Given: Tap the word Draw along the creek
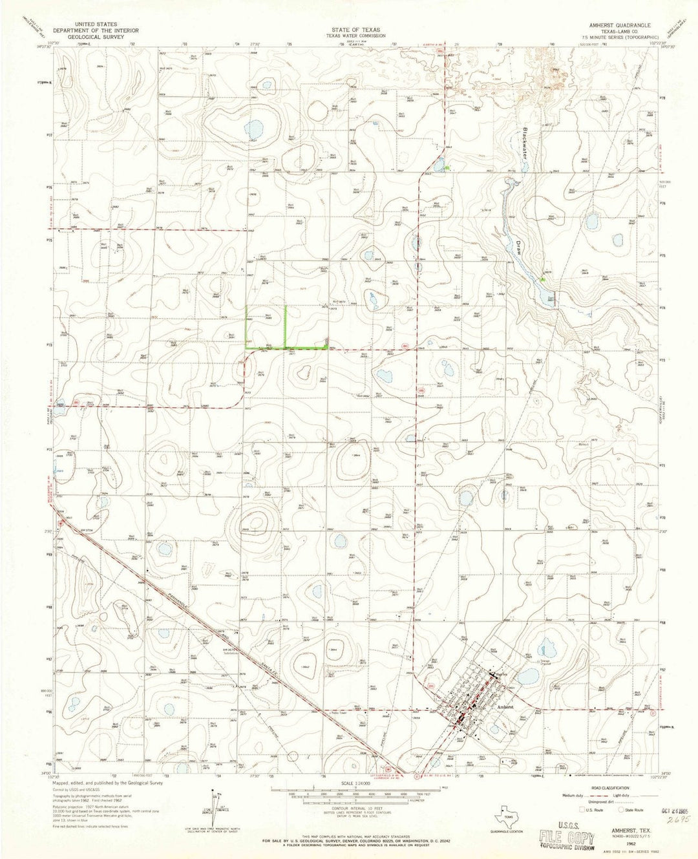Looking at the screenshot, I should [x=520, y=248].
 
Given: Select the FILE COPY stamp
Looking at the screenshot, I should [x=569, y=838].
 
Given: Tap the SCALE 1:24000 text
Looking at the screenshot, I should [x=350, y=780].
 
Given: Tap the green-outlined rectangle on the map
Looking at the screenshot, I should [x=266, y=326].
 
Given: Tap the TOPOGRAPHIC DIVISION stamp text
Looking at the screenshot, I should [x=569, y=849].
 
